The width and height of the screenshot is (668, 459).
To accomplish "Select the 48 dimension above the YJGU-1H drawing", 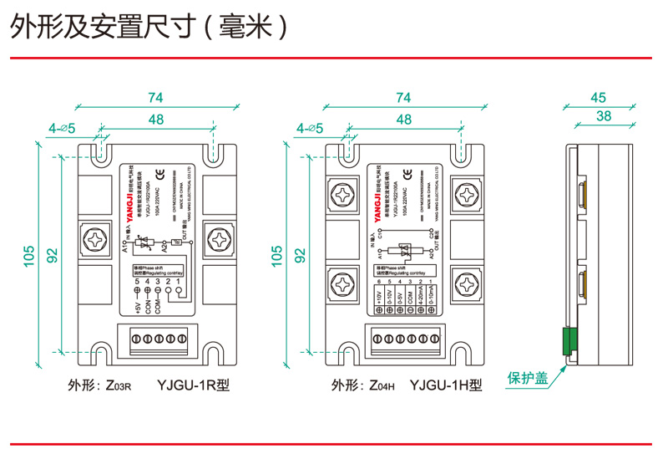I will [404, 120].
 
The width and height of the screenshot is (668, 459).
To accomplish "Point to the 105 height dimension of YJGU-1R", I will [31, 253].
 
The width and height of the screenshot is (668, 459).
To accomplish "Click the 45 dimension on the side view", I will [598, 97].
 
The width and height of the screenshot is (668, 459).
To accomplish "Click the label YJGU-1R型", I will [193, 386].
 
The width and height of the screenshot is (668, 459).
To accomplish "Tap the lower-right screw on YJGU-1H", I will [465, 282].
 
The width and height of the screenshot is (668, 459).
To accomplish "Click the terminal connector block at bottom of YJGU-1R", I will [156, 339].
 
